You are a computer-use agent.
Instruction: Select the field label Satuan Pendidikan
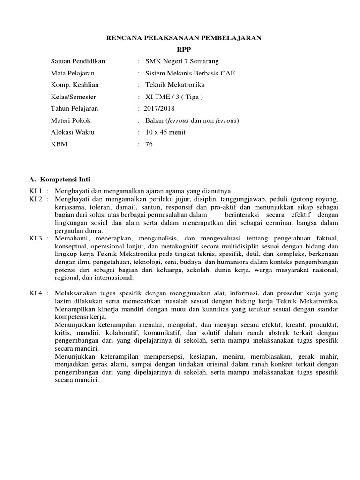pyautogui.click(x=78, y=61)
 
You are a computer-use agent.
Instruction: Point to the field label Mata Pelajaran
pyautogui.click(x=73, y=73)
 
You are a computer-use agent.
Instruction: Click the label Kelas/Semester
pyautogui.click(x=73, y=97)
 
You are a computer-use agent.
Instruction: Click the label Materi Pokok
pyautogui.click(x=70, y=120)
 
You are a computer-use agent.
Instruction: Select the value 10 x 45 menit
pyautogui.click(x=165, y=132)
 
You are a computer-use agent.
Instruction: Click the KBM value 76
pyautogui.click(x=150, y=144)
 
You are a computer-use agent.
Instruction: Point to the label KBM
pyautogui.click(x=59, y=144)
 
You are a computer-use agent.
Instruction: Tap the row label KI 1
pyautogui.click(x=36, y=191)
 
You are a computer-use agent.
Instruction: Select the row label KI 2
pyautogui.click(x=36, y=199)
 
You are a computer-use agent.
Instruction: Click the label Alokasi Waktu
pyautogui.click(x=73, y=132)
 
